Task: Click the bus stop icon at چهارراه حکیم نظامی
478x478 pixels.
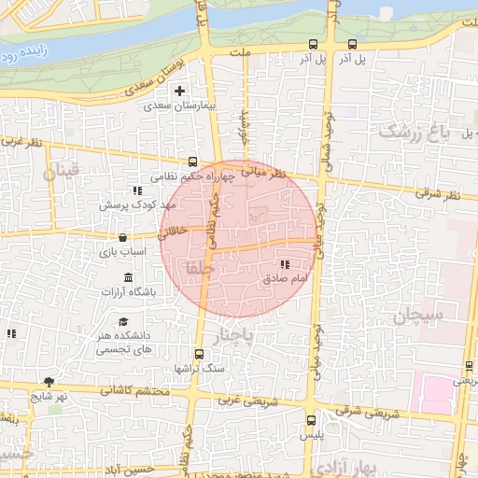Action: (x=192, y=161)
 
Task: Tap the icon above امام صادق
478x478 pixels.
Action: (x=284, y=265)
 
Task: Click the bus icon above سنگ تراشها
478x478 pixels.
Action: (x=199, y=354)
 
